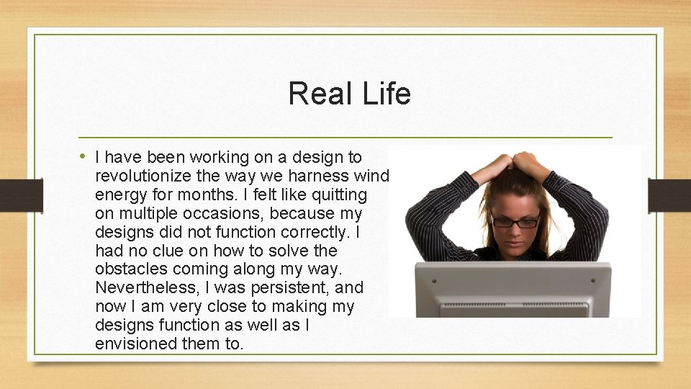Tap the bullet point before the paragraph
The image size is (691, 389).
(83, 156)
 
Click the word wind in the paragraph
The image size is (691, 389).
(372, 176)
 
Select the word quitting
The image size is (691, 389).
(339, 194)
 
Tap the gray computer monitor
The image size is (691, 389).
(512, 288)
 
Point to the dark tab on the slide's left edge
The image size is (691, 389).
(12, 195)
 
